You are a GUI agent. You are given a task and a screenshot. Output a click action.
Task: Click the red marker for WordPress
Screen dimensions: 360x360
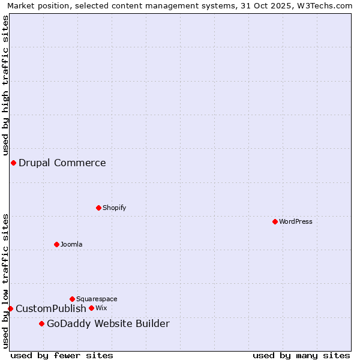(275, 221)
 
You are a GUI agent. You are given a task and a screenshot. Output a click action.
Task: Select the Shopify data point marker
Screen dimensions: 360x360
(98, 208)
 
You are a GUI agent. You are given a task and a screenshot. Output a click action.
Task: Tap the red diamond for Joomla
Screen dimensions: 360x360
(56, 244)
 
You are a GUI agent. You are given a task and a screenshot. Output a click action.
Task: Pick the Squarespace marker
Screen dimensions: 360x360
(72, 299)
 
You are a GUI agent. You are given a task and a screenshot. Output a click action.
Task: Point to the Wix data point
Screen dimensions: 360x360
(91, 308)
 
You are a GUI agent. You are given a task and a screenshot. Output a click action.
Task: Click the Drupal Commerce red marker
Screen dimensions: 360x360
(13, 163)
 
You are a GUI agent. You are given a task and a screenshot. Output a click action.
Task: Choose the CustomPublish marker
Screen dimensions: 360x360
(10, 308)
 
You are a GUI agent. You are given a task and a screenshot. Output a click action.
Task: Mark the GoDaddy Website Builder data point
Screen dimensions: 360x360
(41, 324)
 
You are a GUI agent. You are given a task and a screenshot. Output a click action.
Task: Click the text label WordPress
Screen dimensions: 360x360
(296, 221)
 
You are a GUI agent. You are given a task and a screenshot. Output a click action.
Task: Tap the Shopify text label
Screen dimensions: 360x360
(115, 208)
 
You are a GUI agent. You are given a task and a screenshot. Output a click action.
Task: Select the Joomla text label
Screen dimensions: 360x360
(71, 244)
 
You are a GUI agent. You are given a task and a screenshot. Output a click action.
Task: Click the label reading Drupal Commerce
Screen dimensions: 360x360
(62, 163)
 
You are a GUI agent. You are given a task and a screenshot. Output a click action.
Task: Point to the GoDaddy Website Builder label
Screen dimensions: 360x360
(108, 324)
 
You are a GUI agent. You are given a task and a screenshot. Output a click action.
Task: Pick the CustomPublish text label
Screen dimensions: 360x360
(51, 308)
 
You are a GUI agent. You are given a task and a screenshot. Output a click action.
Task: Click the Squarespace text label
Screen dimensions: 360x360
(97, 299)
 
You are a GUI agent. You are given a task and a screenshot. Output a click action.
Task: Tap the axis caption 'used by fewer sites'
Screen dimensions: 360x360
(62, 355)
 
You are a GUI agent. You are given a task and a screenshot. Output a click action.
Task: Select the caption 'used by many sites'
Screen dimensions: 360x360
(301, 355)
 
